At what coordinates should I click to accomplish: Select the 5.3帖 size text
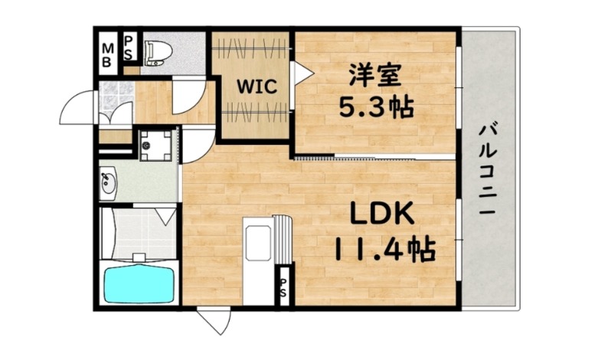(x=376, y=106)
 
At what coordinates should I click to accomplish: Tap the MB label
(x=108, y=54)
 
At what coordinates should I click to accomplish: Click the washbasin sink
(x=107, y=185)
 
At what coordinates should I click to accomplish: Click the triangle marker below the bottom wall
(x=213, y=320)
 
